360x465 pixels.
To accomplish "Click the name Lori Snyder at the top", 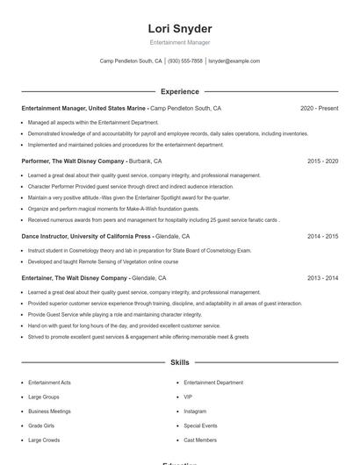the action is (180, 29).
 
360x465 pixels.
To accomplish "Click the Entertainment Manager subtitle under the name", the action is (180, 42).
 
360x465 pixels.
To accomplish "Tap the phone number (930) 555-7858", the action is (185, 61).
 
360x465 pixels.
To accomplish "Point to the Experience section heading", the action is (180, 91).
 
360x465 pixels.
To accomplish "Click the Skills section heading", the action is (180, 361).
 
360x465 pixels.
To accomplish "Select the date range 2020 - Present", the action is (319, 108).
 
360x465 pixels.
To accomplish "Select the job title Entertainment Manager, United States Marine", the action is (83, 108).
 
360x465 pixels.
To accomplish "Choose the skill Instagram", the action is (195, 411).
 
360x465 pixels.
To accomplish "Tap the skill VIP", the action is (188, 397).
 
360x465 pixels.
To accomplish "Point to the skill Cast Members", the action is (200, 440).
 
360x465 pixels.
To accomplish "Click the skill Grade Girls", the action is (41, 426).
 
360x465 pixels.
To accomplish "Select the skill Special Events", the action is (200, 426).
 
